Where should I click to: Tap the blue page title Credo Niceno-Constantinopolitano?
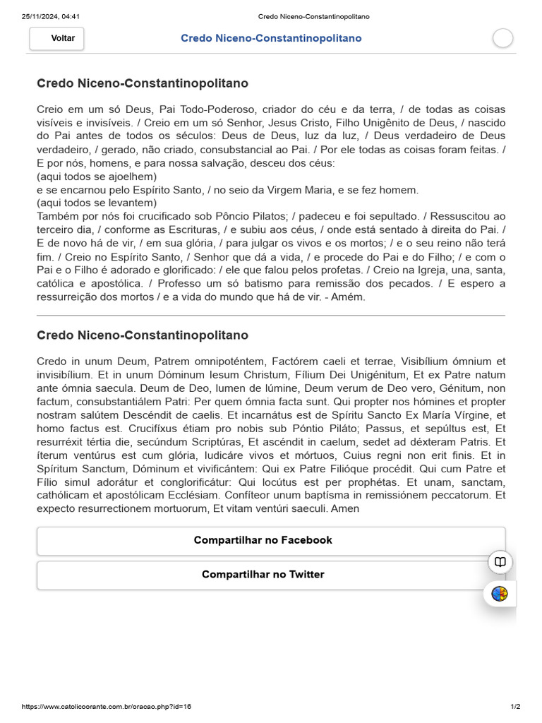tap(271, 38)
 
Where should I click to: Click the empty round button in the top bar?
tap(502, 39)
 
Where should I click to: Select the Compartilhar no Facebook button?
tap(263, 540)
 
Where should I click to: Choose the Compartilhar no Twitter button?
tap(263, 575)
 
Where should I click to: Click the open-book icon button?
tap(500, 562)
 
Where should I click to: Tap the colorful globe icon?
tap(500, 594)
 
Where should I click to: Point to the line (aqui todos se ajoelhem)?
tap(97, 177)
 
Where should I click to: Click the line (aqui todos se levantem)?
tap(97, 203)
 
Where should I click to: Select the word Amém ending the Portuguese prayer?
tap(351, 297)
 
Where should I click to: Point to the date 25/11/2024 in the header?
tap(40, 16)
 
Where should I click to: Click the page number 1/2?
tap(515, 707)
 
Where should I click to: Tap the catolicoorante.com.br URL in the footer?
tap(107, 707)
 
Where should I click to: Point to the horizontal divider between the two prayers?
tap(271, 315)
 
